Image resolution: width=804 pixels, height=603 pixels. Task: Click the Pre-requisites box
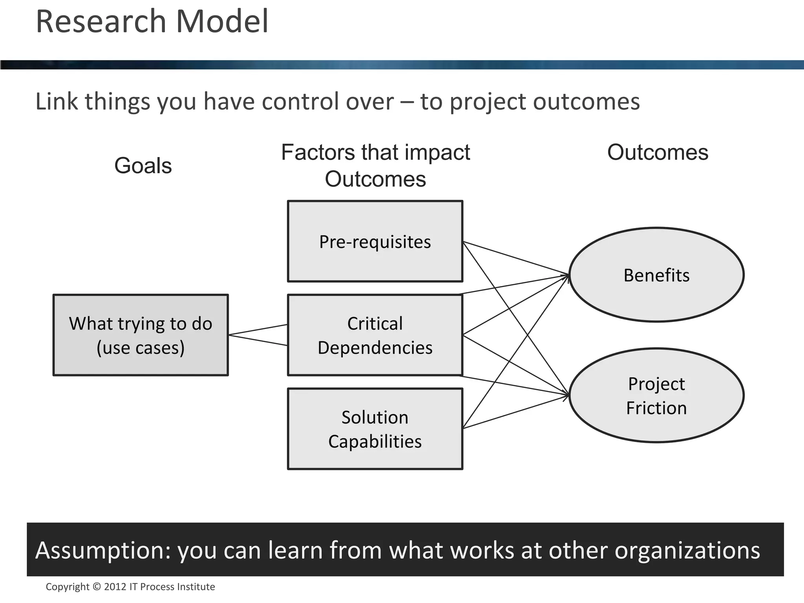(375, 241)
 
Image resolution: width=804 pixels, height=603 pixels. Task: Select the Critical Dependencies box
(375, 335)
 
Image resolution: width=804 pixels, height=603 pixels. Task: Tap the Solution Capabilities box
(375, 429)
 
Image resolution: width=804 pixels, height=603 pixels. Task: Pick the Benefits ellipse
(656, 275)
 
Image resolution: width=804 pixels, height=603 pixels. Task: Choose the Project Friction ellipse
(656, 395)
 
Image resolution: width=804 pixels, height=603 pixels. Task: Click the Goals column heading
(143, 165)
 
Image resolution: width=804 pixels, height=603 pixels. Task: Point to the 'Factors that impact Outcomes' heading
(375, 165)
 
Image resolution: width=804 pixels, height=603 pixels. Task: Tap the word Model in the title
(222, 22)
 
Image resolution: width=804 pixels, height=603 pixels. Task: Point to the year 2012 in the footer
(115, 587)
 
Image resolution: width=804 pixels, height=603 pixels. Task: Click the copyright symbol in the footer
(97, 587)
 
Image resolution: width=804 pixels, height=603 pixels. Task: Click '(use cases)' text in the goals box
(141, 348)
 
